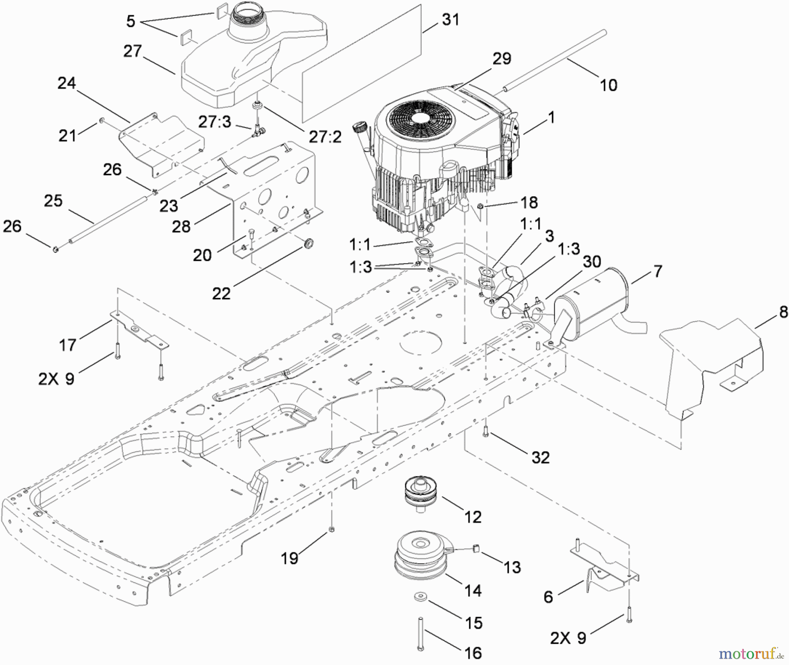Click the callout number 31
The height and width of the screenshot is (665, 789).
tap(450, 20)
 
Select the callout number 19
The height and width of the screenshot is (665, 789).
tap(290, 558)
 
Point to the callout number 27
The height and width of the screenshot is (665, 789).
tap(132, 51)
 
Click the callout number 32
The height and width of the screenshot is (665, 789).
tap(540, 457)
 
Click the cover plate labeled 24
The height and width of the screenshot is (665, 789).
tap(162, 145)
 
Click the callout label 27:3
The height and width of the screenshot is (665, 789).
tap(214, 122)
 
